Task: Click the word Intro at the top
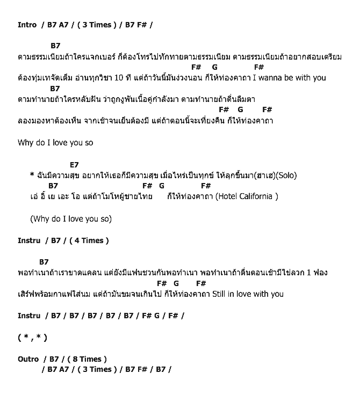click(x=27, y=25)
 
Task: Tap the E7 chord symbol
click(x=74, y=165)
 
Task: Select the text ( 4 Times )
click(x=89, y=240)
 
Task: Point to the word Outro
click(x=28, y=359)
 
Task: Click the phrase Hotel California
click(x=247, y=196)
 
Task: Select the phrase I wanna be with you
click(x=289, y=78)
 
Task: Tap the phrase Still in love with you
click(x=248, y=294)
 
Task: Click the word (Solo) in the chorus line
click(x=287, y=175)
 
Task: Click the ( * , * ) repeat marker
click(x=32, y=338)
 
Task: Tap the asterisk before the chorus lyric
click(x=32, y=175)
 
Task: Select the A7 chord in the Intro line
click(x=64, y=25)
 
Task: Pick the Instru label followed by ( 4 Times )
click(x=29, y=240)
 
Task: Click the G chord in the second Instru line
click(x=157, y=316)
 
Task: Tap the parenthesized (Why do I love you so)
click(x=71, y=219)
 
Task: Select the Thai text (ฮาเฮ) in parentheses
click(x=262, y=175)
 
